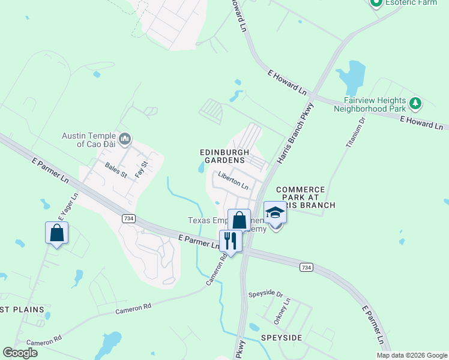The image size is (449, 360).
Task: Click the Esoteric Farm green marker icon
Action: click(x=376, y=4)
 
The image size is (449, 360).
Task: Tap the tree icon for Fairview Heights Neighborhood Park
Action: click(x=415, y=104)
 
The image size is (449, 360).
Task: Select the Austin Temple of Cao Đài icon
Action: click(x=125, y=140)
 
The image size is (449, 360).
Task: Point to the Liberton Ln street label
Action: click(x=234, y=181)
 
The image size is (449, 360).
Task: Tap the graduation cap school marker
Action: click(x=275, y=214)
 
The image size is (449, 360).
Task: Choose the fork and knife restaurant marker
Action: click(x=231, y=241)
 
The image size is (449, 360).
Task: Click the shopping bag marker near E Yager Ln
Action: click(x=56, y=233)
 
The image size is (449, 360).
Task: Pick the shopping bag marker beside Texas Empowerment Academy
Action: click(x=239, y=220)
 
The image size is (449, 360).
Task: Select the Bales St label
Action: click(x=116, y=170)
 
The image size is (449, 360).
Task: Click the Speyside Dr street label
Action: click(x=265, y=295)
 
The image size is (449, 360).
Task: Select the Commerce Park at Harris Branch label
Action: click(x=300, y=197)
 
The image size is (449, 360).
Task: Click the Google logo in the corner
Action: click(x=20, y=353)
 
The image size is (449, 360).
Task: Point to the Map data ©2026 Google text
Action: click(x=412, y=355)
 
